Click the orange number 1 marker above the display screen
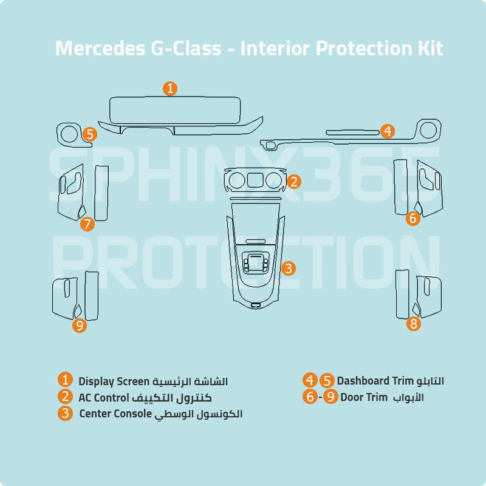coord(171,88)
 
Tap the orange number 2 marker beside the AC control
coord(294,181)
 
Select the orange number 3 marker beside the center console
coord(289,268)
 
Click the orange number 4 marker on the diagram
coord(388,131)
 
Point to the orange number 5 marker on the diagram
coord(89,134)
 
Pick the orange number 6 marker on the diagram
coord(413,218)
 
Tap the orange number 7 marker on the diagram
coord(87,224)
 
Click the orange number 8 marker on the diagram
coord(414,324)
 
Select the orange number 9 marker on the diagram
coord(80,326)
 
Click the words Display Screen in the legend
coord(114,382)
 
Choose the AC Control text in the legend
coord(104,398)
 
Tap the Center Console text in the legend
coord(115,414)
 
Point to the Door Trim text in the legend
coord(363,398)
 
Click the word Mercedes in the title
coord(100,49)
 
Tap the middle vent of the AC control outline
coord(255,179)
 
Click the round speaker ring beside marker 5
coord(68,132)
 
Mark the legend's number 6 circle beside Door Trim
coord(310,397)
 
